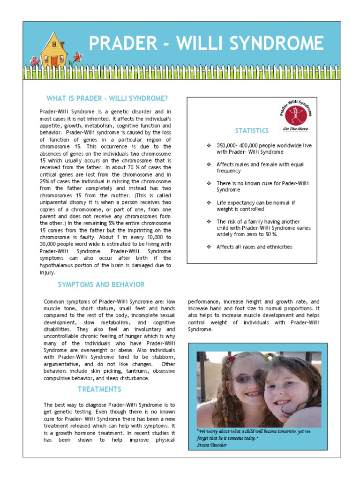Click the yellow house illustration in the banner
(54, 50)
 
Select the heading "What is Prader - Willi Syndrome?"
(107, 98)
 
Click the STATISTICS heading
(252, 130)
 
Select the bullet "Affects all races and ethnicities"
(254, 247)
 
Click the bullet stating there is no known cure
(262, 187)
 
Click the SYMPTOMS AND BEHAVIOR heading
(101, 285)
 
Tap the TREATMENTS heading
(99, 389)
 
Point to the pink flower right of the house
(77, 57)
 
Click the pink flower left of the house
(34, 61)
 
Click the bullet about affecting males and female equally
(260, 168)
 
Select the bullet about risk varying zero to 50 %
(263, 228)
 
